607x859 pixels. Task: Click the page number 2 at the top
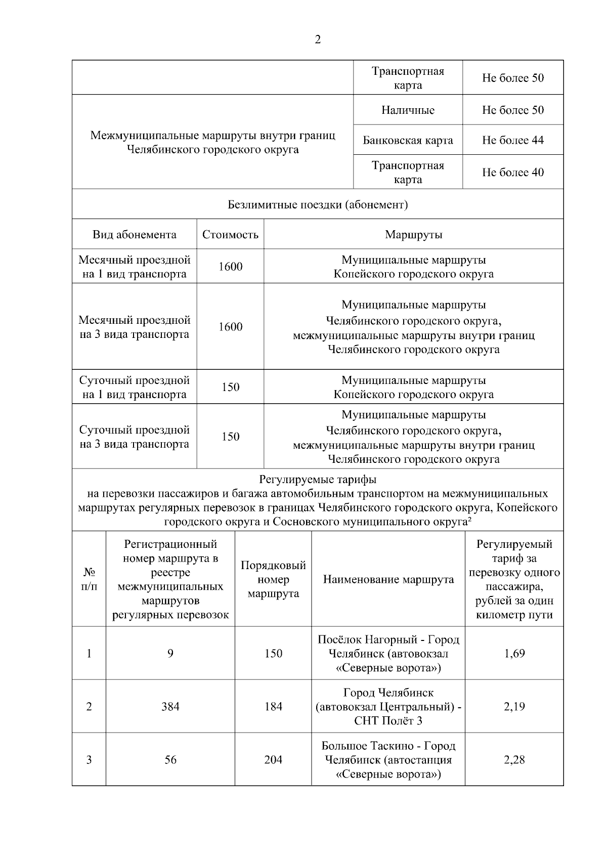pos(318,40)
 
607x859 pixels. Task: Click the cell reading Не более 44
pos(512,140)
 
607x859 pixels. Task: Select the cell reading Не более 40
pos(512,173)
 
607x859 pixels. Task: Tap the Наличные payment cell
pos(408,110)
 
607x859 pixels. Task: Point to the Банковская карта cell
pos(408,140)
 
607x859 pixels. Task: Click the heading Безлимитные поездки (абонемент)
pos(318,205)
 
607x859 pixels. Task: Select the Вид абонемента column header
pos(135,235)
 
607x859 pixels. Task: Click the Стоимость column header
pos(230,235)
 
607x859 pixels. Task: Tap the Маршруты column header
pos(413,235)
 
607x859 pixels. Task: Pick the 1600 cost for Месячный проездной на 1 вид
pos(230,267)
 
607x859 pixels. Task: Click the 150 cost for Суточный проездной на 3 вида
pos(230,437)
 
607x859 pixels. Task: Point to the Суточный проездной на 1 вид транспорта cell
pos(135,388)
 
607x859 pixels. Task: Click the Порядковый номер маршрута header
pos(273,580)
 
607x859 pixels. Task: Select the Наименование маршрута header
pos(388,580)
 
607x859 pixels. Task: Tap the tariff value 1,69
pos(514,654)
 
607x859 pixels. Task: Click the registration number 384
pos(170,707)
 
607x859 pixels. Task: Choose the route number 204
pos(273,760)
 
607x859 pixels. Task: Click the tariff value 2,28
pos(514,760)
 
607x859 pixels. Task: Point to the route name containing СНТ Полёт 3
pos(388,707)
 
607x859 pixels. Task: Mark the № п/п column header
pos(89,580)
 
